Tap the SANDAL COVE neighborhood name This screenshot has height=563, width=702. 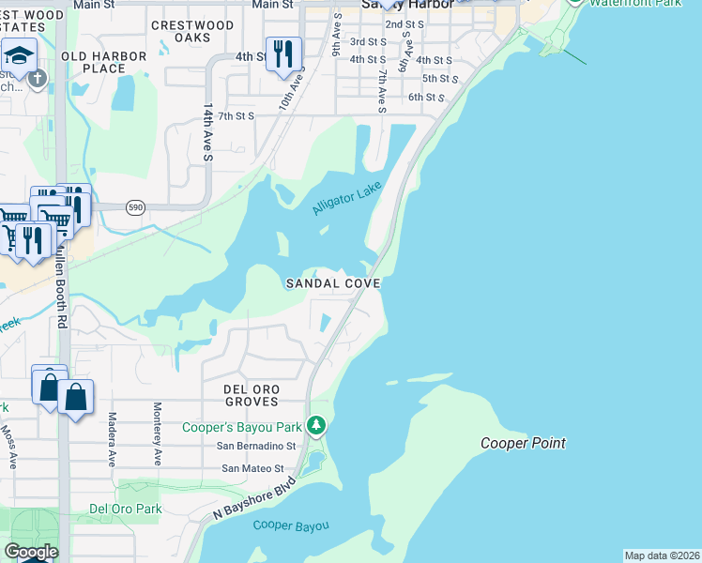(x=333, y=282)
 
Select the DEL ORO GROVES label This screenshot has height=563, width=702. (x=251, y=395)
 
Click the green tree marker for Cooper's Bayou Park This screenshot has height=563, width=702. (x=317, y=427)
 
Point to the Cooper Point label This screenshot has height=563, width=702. (x=523, y=443)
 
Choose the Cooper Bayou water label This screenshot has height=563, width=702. (x=291, y=525)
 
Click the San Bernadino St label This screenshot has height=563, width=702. (x=256, y=447)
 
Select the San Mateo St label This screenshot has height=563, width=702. (x=252, y=468)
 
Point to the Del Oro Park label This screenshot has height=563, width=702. (x=125, y=509)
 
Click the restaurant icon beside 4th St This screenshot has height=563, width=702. (x=283, y=54)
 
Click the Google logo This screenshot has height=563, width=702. (x=30, y=552)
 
